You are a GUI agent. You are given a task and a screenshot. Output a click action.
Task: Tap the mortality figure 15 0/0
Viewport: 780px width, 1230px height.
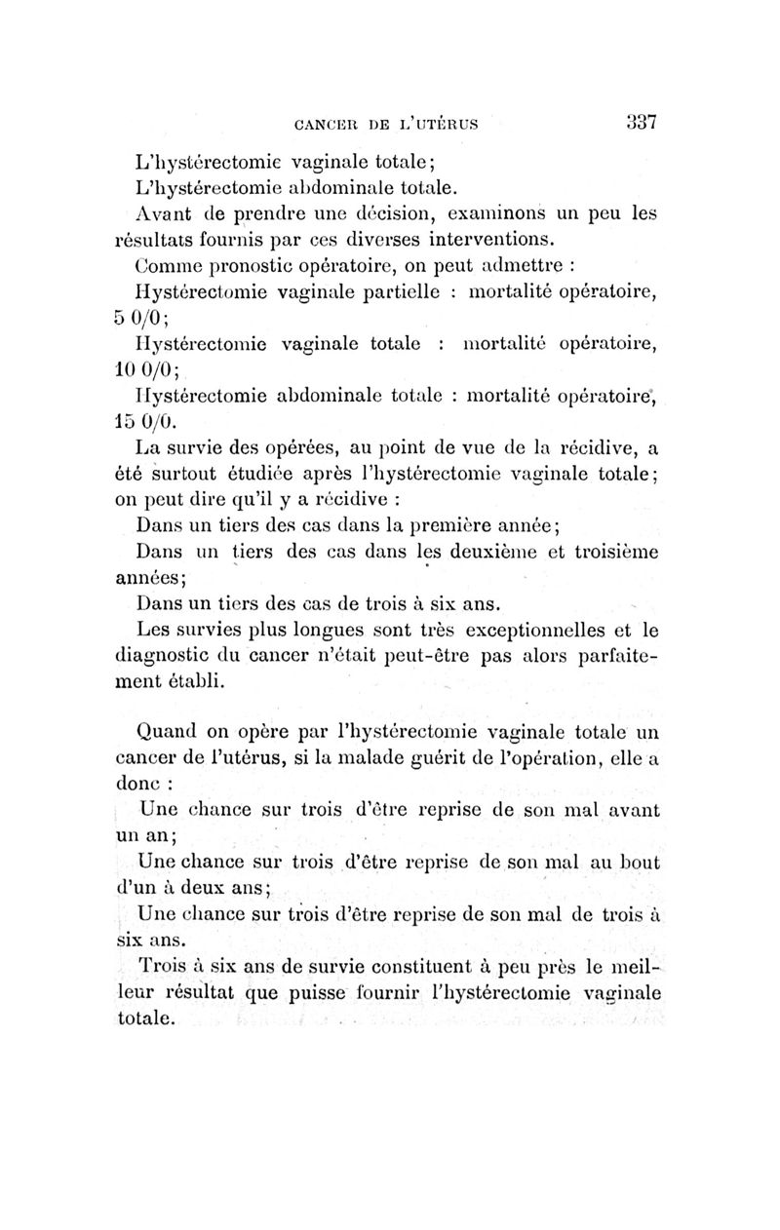146,423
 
